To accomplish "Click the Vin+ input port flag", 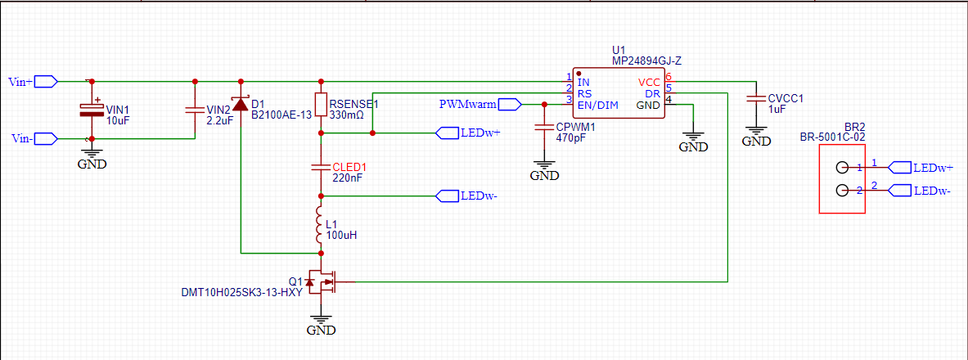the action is coord(47,81).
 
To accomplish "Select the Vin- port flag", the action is coord(47,138).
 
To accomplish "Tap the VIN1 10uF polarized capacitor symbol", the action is coord(92,110).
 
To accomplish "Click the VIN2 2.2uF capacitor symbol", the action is coord(195,110).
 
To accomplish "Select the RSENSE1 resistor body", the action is coord(321,105).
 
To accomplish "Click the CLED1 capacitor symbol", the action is coord(321,167).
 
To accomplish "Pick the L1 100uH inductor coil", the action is coord(320,225).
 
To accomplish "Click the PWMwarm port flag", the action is coord(510,105).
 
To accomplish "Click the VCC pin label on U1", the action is coord(648,82).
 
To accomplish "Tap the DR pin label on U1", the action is coord(652,94).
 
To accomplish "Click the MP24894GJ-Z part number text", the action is coord(646,61).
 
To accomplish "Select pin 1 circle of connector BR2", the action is coord(841,168).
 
